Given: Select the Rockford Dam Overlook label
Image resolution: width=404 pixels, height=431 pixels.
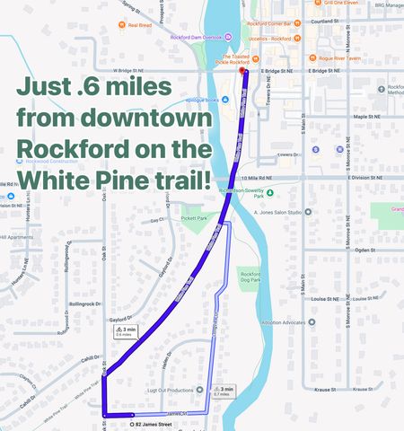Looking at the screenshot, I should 189,37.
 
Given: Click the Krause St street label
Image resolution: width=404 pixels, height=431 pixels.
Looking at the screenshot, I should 321,390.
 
